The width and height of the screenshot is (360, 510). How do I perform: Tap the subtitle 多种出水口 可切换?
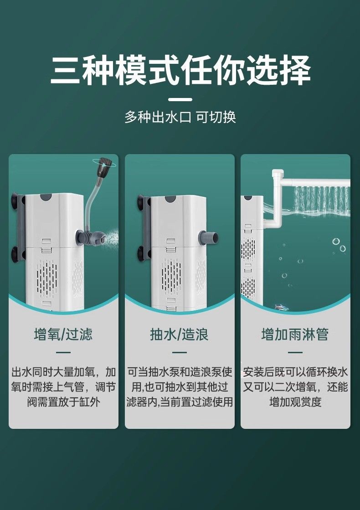pos(180,117)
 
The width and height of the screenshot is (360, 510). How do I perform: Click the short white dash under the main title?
pos(180,99)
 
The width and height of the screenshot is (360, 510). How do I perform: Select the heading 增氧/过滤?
pos(63,335)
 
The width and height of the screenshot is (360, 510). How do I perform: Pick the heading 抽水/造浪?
pos(180,335)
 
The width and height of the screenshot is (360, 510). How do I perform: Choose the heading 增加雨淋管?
pos(295,335)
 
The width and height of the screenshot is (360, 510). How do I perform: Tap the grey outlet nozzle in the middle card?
pos(210,237)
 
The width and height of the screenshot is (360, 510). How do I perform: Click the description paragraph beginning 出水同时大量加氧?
pos(63,387)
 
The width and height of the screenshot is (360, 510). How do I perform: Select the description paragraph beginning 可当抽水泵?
pos(180,387)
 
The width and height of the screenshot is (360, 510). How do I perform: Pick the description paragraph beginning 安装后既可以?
pos(295,387)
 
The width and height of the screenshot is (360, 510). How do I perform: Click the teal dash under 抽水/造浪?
pos(180,352)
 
